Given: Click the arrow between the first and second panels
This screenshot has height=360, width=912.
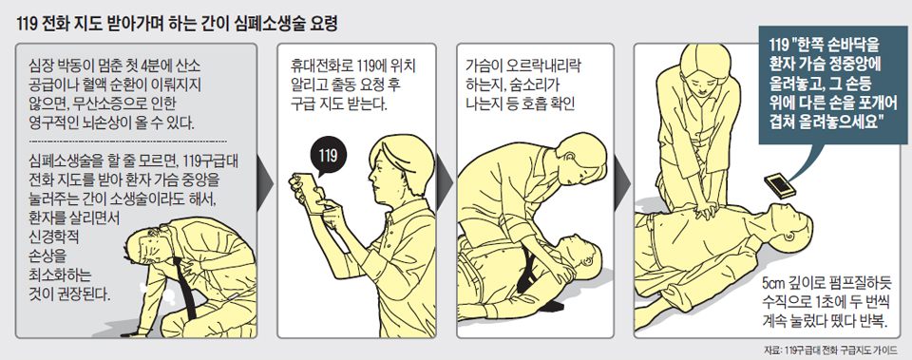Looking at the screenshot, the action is click(x=265, y=185).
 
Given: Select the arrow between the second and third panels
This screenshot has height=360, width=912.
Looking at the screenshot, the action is click(x=445, y=185).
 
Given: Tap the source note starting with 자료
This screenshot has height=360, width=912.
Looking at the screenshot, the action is click(x=830, y=350).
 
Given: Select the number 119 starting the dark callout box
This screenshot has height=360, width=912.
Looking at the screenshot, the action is click(x=778, y=45).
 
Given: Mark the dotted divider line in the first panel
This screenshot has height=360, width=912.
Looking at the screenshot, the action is click(x=128, y=142).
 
